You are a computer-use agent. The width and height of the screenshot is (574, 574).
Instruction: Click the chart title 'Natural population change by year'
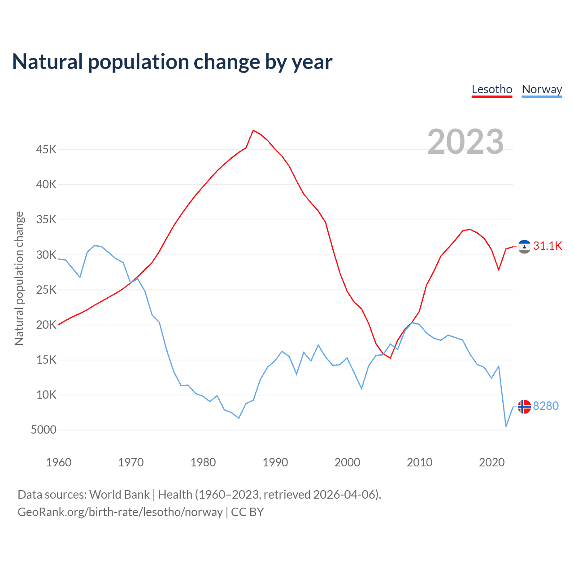coord(172,62)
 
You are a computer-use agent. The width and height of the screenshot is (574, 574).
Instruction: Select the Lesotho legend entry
coord(491,89)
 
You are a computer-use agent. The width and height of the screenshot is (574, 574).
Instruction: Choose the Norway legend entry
coord(542,89)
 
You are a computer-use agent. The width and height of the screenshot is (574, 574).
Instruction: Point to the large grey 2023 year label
coord(465,142)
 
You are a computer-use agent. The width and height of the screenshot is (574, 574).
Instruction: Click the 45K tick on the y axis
coord(46,149)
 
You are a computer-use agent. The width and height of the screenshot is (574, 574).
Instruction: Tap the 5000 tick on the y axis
coord(43,430)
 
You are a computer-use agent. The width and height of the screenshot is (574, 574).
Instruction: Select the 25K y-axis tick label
coord(46,290)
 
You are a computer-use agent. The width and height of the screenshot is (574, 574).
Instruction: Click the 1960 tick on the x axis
coord(59,462)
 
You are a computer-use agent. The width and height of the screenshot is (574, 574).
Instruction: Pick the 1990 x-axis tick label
coord(275,462)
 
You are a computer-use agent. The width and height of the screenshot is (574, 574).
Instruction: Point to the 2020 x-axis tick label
coord(491,462)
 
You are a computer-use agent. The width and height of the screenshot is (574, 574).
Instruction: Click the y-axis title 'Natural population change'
coord(19,278)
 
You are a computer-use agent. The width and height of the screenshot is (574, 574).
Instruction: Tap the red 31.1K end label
coord(547,246)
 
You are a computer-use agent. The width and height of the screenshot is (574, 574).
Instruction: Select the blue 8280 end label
coord(546,406)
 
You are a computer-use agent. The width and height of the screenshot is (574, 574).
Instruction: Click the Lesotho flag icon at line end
coord(524,246)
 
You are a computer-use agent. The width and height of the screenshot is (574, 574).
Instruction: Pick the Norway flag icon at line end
coord(524,407)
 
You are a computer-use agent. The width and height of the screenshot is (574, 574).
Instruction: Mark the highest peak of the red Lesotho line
coord(253,130)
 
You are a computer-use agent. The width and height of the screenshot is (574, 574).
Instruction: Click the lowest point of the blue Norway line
coord(506,426)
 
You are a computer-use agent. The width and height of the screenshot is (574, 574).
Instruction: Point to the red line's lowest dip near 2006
coord(391,358)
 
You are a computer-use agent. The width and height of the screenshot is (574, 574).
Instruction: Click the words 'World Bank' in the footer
coord(119,495)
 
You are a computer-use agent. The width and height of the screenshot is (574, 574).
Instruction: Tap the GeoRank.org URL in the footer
coord(120,512)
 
